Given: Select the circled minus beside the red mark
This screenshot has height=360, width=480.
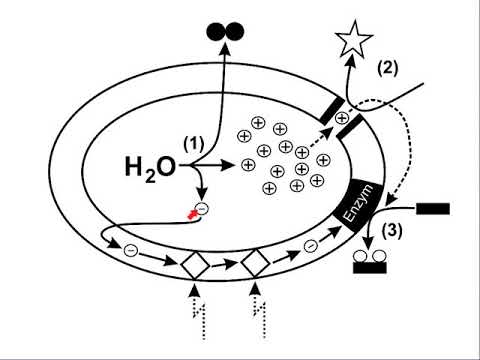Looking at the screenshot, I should (x=202, y=209).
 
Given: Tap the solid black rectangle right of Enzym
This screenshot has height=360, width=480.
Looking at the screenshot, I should (x=432, y=209).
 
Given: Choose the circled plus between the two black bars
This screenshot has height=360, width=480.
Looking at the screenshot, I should (x=343, y=118).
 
